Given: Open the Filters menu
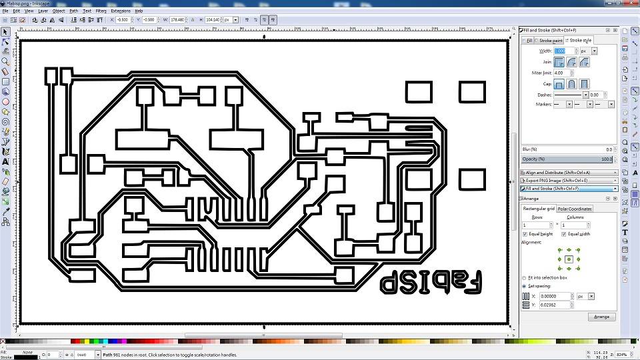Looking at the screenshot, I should tap(101, 11).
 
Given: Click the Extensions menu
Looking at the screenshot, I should tap(121, 11).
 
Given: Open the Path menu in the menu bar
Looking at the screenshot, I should tap(73, 11).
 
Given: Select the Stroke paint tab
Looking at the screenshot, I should tap(551, 41).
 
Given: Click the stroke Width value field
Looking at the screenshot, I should tap(563, 51).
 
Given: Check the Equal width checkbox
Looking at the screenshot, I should tap(563, 234).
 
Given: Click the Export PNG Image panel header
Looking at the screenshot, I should tap(567, 180).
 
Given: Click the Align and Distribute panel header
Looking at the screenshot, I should tap(567, 173).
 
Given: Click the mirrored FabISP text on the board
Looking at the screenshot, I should tap(432, 282).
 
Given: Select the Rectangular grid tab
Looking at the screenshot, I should tap(539, 209).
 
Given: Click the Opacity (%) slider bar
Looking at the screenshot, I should tap(567, 159).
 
